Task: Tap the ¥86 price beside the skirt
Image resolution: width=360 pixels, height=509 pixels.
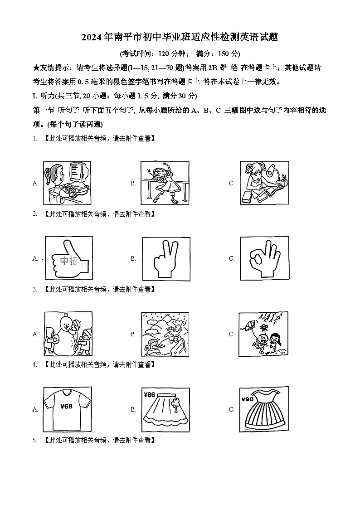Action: coord(149,394)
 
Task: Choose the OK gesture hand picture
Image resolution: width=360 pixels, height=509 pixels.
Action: coord(264,258)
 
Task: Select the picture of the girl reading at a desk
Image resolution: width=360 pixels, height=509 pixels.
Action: coord(264,183)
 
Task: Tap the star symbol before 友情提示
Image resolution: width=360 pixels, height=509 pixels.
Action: coord(36,68)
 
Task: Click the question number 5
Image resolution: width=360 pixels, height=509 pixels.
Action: coord(34,440)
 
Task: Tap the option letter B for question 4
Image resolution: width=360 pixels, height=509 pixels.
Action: coord(133,409)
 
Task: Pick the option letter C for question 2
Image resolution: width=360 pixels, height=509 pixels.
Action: coord(231,258)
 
